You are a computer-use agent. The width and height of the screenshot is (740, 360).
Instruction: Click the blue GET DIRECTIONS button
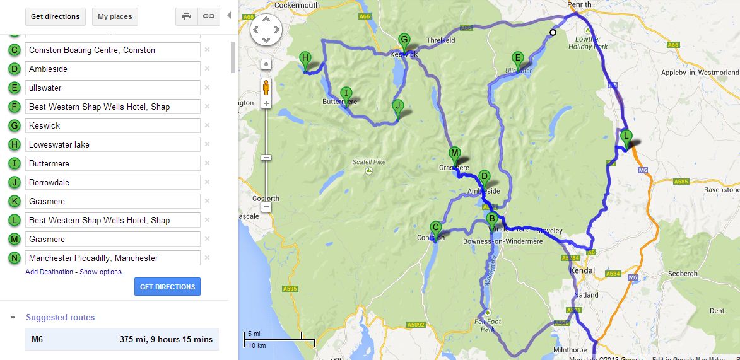point(167,287)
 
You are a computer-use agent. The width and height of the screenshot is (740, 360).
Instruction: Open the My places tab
point(115,16)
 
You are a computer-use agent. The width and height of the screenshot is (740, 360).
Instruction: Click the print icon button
point(187,16)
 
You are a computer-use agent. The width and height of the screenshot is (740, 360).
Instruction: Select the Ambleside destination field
point(113,69)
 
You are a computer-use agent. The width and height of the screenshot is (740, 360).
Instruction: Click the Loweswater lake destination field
point(113,144)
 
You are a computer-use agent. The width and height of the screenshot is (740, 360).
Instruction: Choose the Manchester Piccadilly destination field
point(113,258)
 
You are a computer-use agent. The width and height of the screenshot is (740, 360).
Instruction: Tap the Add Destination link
point(49,272)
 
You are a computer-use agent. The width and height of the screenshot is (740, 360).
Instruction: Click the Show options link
point(101,272)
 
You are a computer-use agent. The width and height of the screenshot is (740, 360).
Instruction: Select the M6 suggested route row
point(122,339)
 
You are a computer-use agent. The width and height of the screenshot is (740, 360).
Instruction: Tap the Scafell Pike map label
point(369,163)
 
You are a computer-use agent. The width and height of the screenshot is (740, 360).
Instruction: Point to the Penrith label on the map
point(579,4)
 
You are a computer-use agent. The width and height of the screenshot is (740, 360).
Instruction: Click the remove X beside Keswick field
point(207,125)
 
